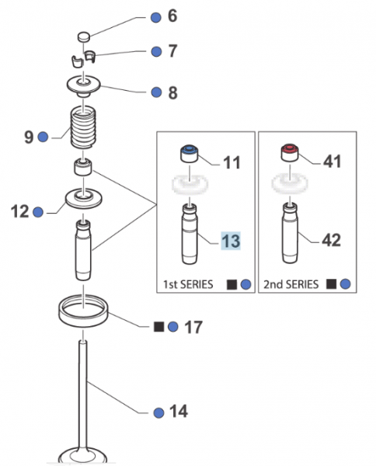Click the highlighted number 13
point(231,241)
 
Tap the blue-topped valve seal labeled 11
point(190,154)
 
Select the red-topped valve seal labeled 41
point(290,153)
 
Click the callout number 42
point(331,240)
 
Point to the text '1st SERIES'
point(188,284)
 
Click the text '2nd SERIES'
point(291,284)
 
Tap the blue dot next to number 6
point(155,18)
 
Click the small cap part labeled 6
point(84,37)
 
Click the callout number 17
point(193,327)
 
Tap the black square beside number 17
point(158,327)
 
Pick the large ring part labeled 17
point(83,311)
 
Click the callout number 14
point(179,412)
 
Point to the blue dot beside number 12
point(38,212)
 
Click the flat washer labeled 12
point(84,199)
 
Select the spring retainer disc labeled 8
point(84,85)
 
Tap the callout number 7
point(172,51)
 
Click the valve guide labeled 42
point(290,233)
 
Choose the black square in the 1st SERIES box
point(232,284)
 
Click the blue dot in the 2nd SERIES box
point(345,284)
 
